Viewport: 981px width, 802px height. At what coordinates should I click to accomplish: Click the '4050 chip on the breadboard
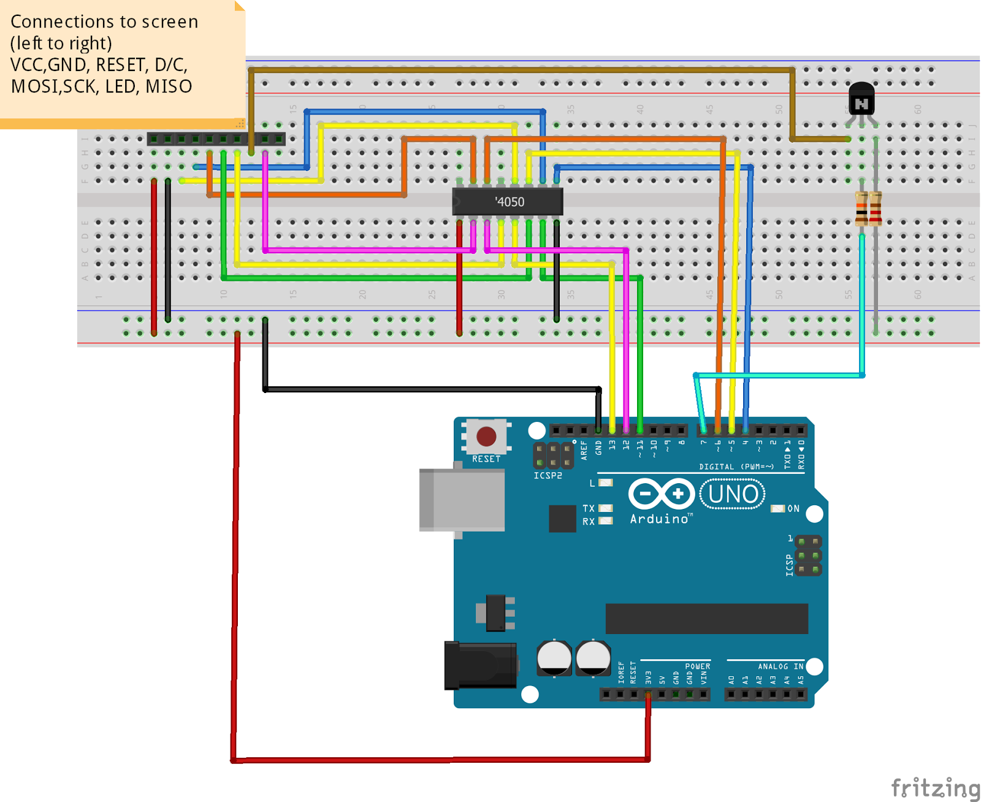pyautogui.click(x=507, y=202)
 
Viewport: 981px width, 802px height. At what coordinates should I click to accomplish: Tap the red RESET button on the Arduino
pyautogui.click(x=486, y=437)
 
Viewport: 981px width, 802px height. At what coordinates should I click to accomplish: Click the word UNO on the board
pyautogui.click(x=733, y=494)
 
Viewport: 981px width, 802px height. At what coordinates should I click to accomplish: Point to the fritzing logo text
pyautogui.click(x=935, y=787)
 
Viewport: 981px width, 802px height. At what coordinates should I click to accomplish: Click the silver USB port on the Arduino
pyautogui.click(x=462, y=500)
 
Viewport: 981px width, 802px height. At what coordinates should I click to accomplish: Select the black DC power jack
pyautogui.click(x=480, y=665)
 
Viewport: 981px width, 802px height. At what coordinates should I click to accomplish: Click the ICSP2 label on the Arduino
pyautogui.click(x=548, y=475)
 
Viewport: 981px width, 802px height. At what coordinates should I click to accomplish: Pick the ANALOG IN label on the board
pyautogui.click(x=780, y=666)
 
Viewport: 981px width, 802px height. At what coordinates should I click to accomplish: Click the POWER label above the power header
pyautogui.click(x=697, y=666)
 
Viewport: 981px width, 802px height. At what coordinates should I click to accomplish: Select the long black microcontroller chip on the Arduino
pyautogui.click(x=706, y=618)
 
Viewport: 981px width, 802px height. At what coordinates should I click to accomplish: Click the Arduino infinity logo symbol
pyautogui.click(x=662, y=494)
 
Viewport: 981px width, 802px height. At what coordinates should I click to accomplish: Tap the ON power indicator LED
pyautogui.click(x=778, y=509)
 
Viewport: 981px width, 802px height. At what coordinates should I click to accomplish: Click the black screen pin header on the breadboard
pyautogui.click(x=216, y=139)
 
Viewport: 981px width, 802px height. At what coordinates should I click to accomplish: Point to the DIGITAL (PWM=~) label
pyautogui.click(x=736, y=467)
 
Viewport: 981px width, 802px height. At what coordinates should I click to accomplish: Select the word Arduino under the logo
pyautogui.click(x=660, y=519)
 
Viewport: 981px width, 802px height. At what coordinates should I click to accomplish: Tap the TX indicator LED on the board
pyautogui.click(x=605, y=508)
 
